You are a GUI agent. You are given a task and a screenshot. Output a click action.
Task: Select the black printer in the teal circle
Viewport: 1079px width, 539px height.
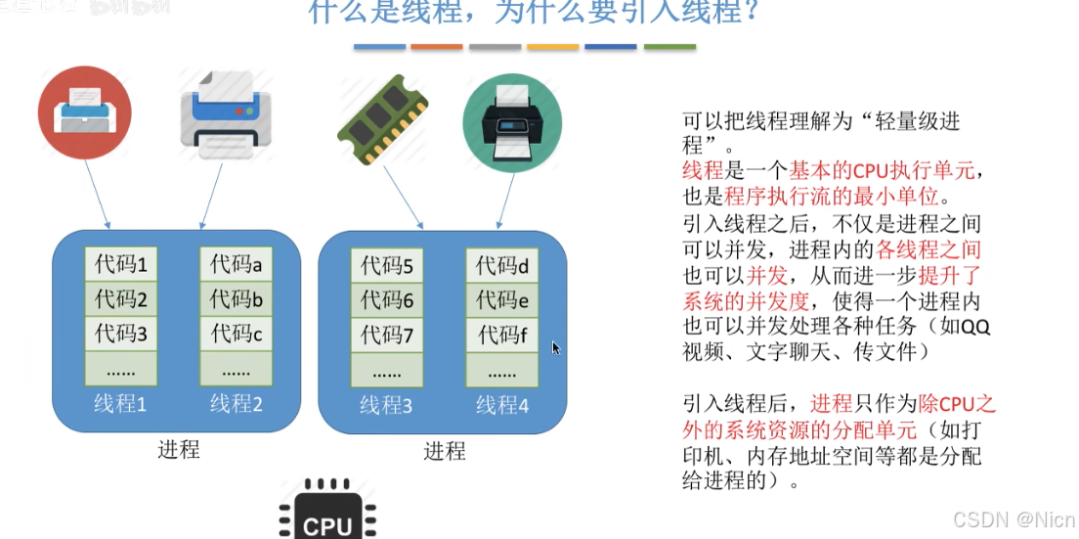click(x=512, y=120)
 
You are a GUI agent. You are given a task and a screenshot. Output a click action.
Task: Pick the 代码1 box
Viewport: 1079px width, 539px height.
click(x=120, y=264)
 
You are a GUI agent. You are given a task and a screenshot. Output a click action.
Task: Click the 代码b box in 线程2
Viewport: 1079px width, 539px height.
click(x=236, y=298)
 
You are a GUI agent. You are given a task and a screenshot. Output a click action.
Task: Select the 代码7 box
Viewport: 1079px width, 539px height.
click(x=387, y=335)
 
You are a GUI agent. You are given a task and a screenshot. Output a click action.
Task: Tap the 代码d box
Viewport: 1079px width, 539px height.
click(x=502, y=264)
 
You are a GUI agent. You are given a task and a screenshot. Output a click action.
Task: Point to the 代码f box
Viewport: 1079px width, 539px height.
click(x=502, y=335)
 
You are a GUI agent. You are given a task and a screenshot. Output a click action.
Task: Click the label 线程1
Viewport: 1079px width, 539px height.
click(x=120, y=403)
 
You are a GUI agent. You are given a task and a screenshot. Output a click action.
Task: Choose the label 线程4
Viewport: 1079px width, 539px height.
click(x=502, y=404)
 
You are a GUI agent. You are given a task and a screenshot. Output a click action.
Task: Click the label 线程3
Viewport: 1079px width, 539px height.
click(x=387, y=404)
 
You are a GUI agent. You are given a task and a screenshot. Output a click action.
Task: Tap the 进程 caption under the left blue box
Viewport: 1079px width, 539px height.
click(x=179, y=450)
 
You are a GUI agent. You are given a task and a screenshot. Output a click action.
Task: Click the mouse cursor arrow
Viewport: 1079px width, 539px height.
click(x=556, y=347)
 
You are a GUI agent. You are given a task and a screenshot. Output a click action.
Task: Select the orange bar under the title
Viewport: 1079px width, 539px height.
click(x=437, y=46)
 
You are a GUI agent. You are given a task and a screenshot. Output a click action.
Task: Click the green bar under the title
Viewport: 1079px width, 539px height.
click(x=669, y=46)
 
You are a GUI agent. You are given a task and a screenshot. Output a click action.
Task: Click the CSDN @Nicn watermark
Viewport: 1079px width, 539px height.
click(x=1014, y=519)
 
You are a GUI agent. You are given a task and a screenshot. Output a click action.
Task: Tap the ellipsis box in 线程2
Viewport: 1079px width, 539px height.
click(x=236, y=370)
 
